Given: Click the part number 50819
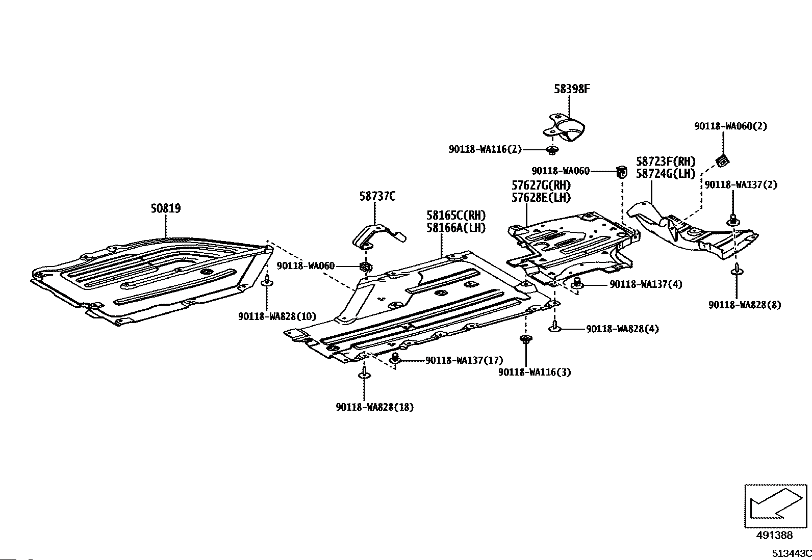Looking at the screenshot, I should click(x=166, y=208).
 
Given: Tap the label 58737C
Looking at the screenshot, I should click(x=377, y=196).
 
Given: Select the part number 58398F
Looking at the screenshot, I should click(x=572, y=89).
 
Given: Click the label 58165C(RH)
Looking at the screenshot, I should click(x=456, y=215).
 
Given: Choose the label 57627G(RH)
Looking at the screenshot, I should click(x=541, y=185).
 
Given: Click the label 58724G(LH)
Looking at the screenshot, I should click(x=666, y=173).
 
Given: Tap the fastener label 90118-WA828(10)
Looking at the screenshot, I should click(x=277, y=316).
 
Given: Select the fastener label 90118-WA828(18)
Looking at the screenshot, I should click(x=375, y=407).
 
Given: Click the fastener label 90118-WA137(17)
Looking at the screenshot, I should click(x=464, y=360).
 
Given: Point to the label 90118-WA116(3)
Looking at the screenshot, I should click(x=535, y=372).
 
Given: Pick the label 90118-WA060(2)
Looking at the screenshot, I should click(x=730, y=126).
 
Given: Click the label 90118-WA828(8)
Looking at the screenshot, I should click(x=744, y=305).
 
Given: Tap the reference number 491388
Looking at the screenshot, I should click(x=774, y=535).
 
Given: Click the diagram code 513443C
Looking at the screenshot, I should click(x=791, y=553).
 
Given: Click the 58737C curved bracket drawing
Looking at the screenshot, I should click(x=377, y=234).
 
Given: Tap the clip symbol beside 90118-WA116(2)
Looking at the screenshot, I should click(x=551, y=150).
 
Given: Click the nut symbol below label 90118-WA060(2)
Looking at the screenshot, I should click(x=722, y=161).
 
